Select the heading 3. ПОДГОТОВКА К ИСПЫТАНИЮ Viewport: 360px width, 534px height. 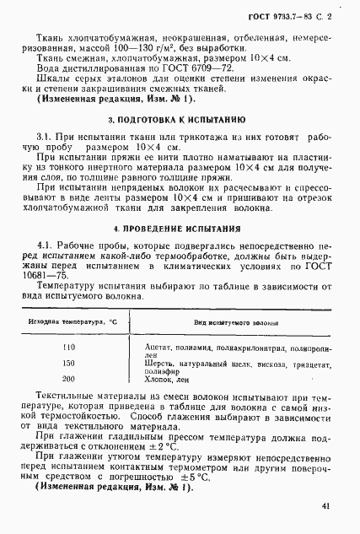coord(178,120)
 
